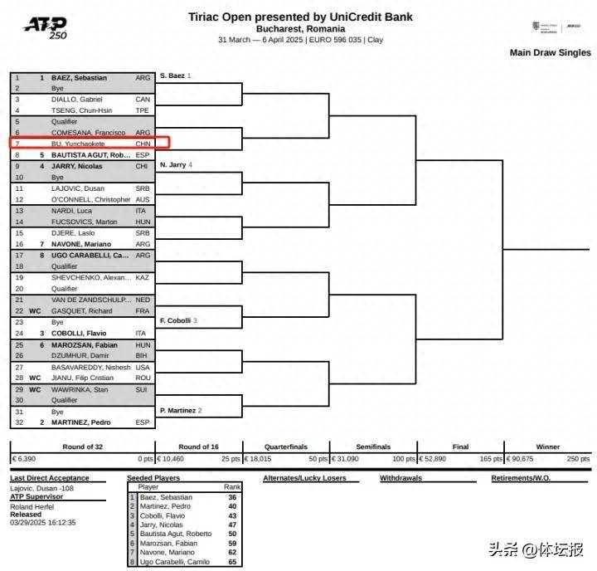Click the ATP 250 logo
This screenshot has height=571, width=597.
46,27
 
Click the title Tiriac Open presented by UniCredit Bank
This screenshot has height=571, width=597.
300,17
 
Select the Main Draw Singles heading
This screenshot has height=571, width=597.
551,52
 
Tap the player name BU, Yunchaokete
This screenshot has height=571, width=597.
81,143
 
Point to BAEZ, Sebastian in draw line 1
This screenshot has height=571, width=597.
79,77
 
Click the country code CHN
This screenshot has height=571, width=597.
143,143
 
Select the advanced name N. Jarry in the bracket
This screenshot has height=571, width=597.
172,165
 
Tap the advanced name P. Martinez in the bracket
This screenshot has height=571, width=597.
177,410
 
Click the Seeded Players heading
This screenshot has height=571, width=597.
153,478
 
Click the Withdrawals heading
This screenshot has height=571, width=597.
401,478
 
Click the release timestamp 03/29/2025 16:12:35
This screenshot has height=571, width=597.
43,523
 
